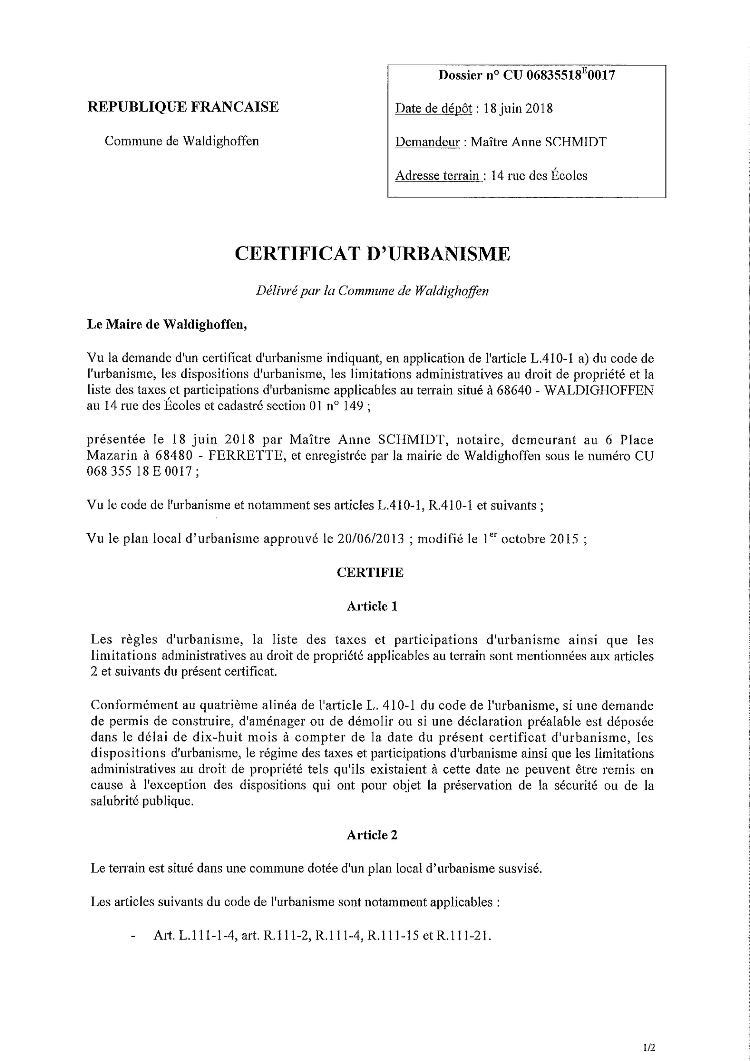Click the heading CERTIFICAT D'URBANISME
tap(372, 254)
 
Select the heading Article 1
tap(372, 606)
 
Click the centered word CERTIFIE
tap(370, 573)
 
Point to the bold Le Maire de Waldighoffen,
tap(167, 324)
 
